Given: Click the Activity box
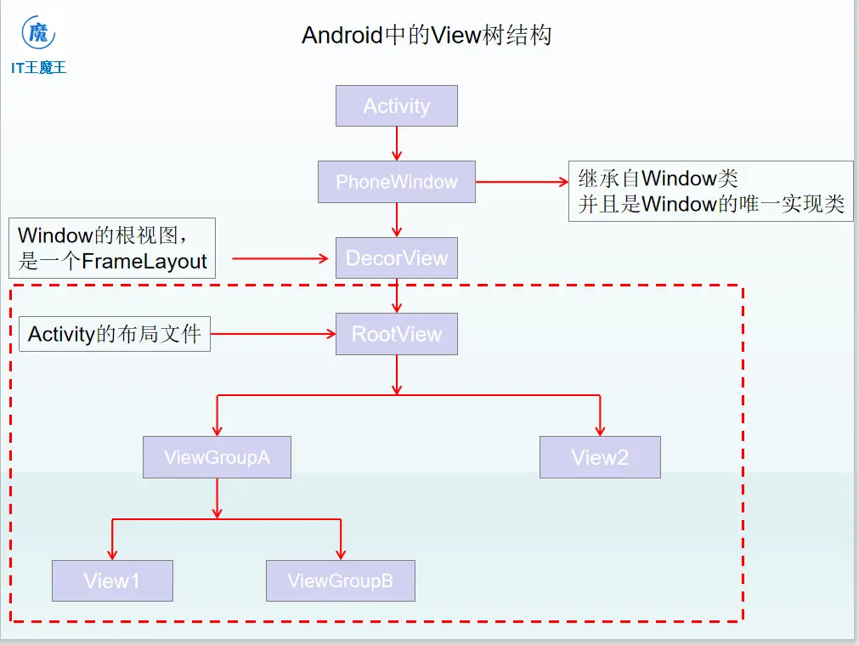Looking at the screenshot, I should click(x=397, y=106).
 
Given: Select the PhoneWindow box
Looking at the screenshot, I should click(x=397, y=182).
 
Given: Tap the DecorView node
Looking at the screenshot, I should click(x=397, y=258).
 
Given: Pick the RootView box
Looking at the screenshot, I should click(x=397, y=334).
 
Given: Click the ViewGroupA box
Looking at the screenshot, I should click(x=217, y=457).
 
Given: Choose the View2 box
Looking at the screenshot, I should click(x=600, y=457).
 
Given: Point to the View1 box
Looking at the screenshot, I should click(x=112, y=581).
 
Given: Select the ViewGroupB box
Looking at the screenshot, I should click(x=341, y=581).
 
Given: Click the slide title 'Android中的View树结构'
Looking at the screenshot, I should click(x=427, y=36).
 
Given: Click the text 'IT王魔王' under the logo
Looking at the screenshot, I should click(x=39, y=67).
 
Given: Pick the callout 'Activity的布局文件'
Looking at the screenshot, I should click(x=115, y=334).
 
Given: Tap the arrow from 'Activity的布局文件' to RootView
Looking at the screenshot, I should click(x=273, y=334).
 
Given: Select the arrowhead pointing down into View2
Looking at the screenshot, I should click(x=600, y=428).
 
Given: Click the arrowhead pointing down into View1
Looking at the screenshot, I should click(x=112, y=552).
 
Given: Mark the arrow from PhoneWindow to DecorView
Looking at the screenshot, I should click(x=397, y=220).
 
